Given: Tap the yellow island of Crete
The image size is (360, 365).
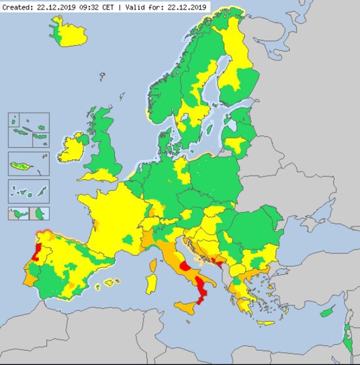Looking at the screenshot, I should coord(266,323).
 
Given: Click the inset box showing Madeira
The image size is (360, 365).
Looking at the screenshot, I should coord(29,164).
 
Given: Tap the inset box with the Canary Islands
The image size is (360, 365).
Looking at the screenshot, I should coord(29,191).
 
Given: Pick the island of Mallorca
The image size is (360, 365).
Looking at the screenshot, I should coord(109,282).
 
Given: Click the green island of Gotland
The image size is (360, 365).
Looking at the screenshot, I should coord(209,128).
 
